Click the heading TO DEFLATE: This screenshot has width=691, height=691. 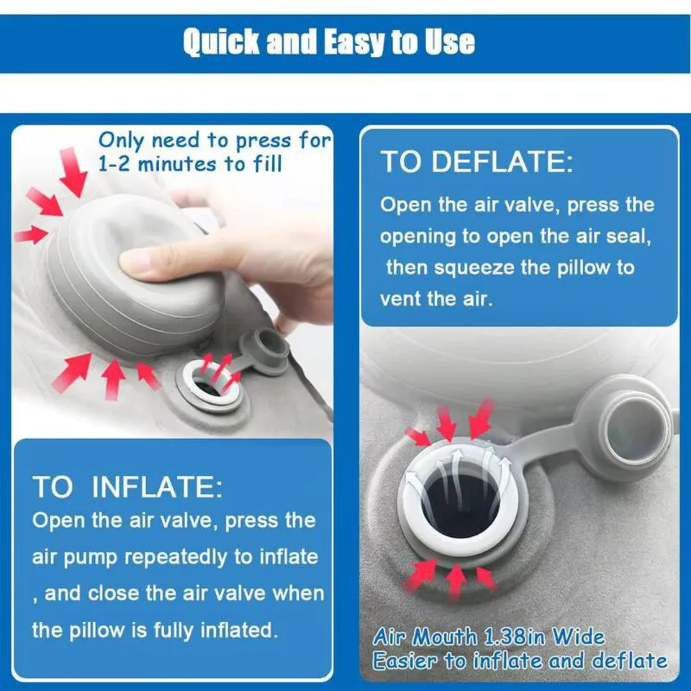click(x=477, y=161)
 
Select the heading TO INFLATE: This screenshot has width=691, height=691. click(x=127, y=487)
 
